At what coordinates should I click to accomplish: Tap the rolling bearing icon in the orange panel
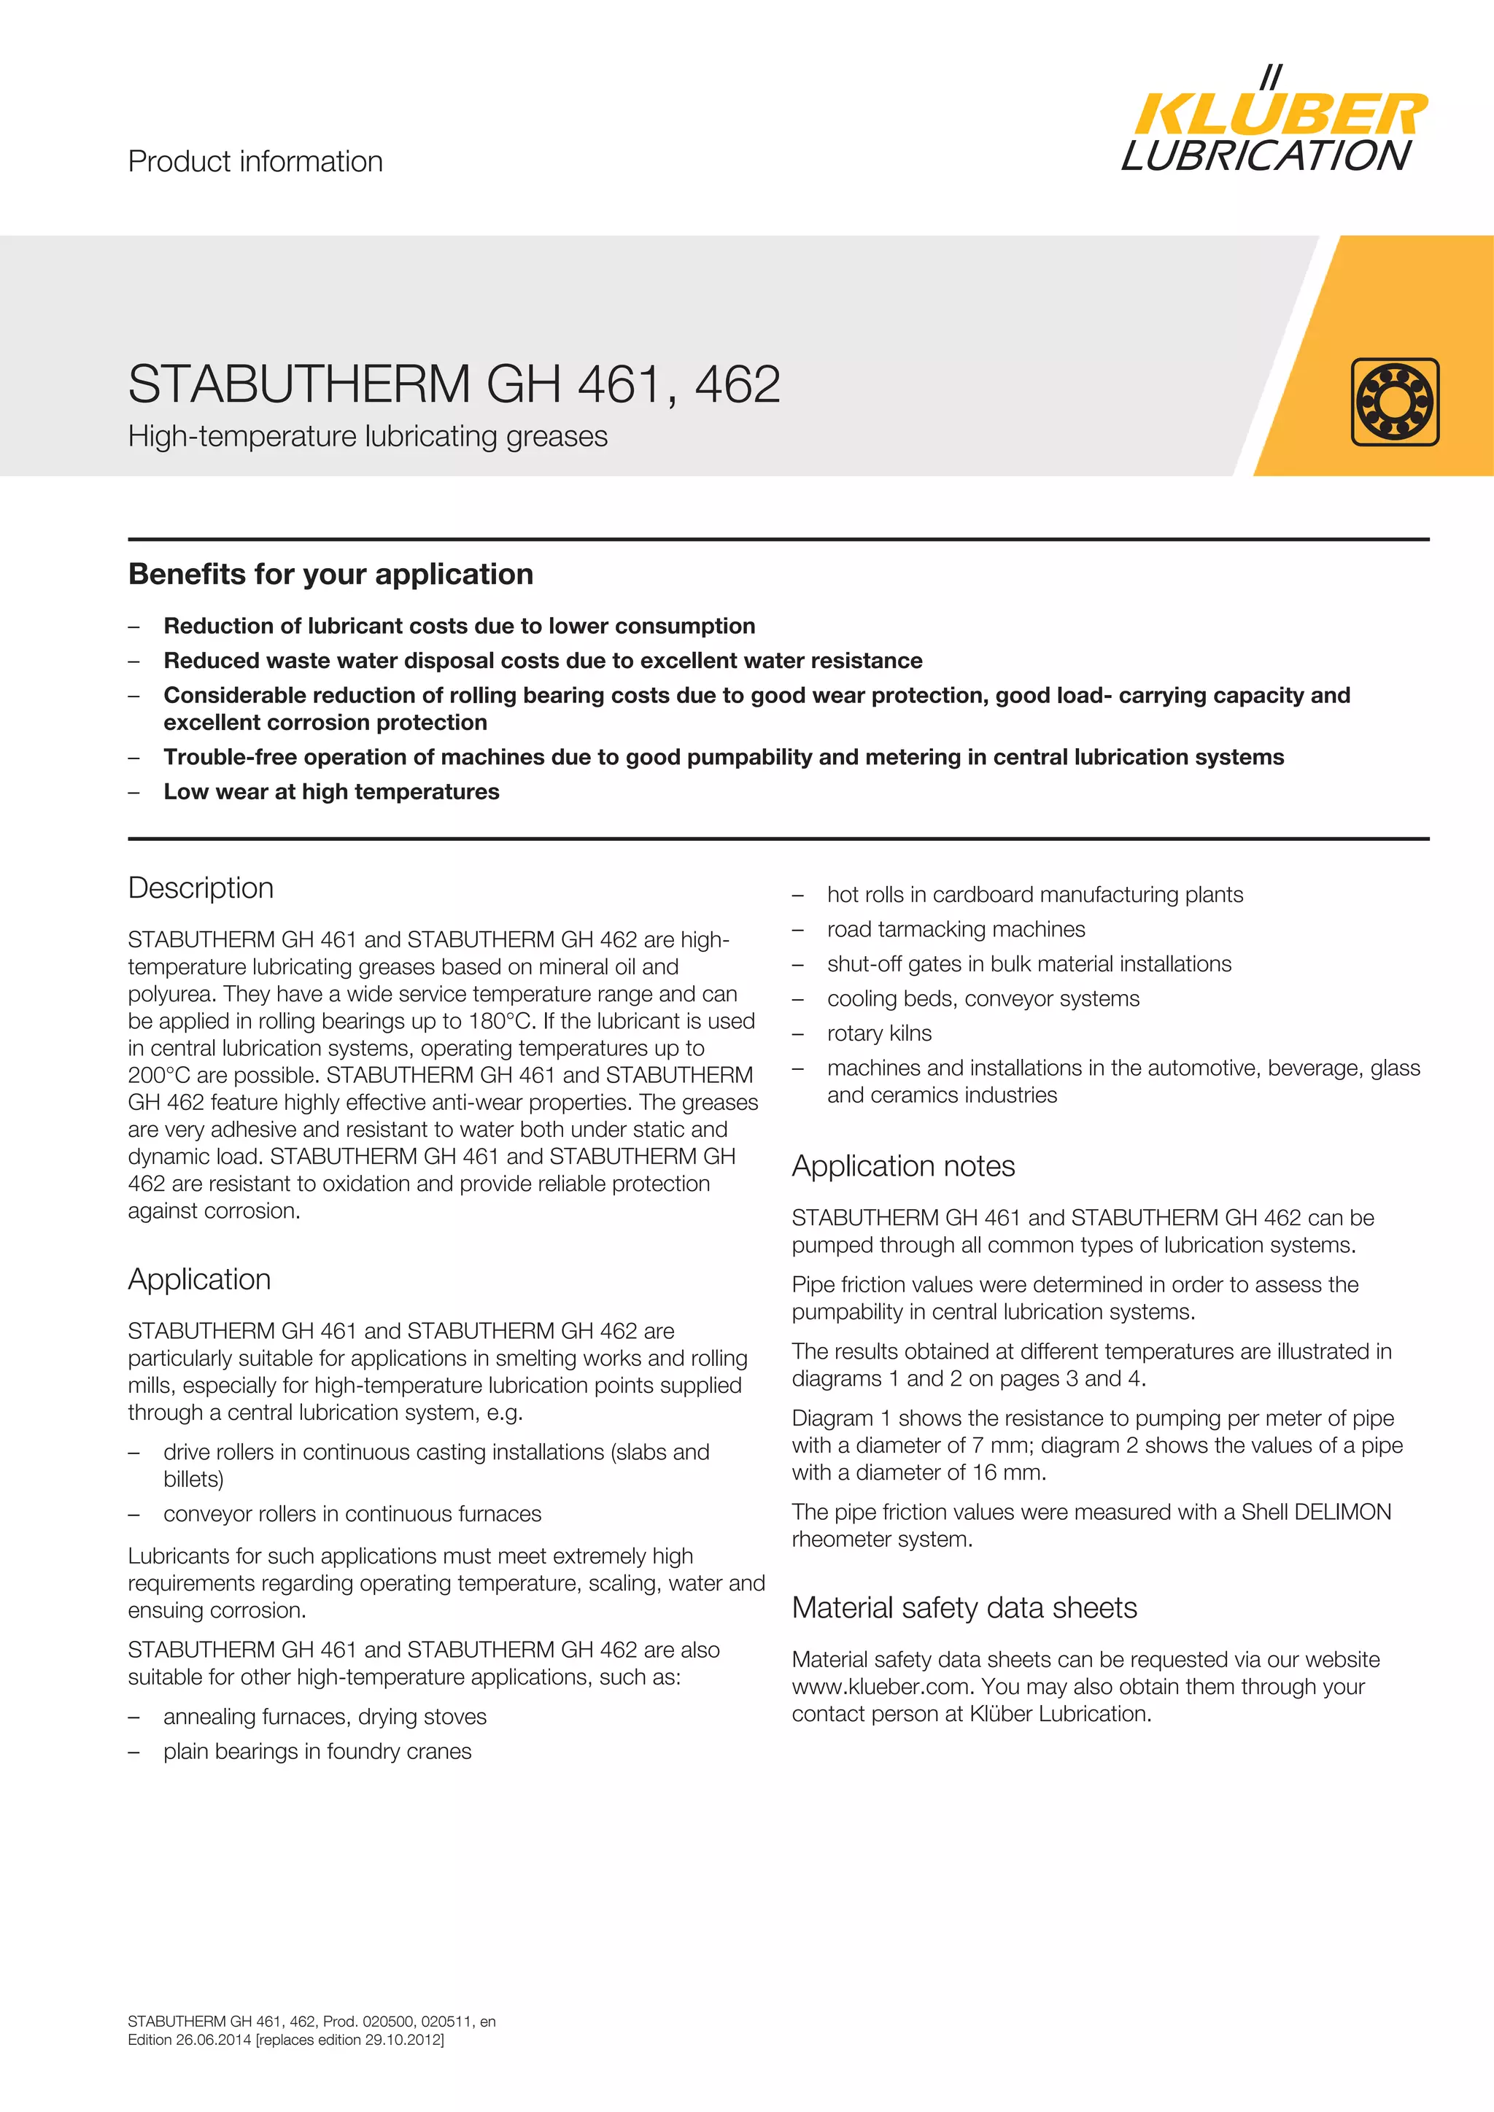click(1395, 402)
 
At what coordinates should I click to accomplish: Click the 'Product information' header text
click(255, 162)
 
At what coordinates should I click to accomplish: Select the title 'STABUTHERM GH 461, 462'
click(454, 384)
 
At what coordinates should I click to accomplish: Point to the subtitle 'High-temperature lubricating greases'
click(367, 436)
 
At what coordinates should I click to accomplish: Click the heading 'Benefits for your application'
click(330, 574)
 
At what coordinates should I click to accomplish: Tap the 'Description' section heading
click(201, 888)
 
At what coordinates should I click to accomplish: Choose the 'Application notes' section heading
click(902, 1165)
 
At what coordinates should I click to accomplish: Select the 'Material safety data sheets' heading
click(964, 1607)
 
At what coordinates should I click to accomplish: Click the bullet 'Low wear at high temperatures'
click(331, 792)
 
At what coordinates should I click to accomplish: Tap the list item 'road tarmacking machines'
click(956, 929)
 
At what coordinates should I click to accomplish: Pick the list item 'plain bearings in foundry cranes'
click(317, 1752)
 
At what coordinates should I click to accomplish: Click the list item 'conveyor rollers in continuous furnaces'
click(352, 1514)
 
